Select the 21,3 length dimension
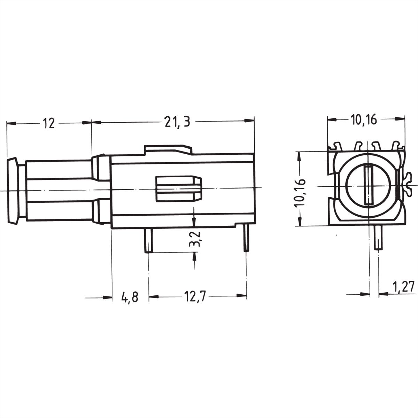(177, 122)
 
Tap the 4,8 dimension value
(130, 297)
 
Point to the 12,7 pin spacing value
(194, 296)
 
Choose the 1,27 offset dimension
(405, 287)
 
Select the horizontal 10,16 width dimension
(364, 120)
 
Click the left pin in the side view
(149, 241)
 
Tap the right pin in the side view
(246, 238)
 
